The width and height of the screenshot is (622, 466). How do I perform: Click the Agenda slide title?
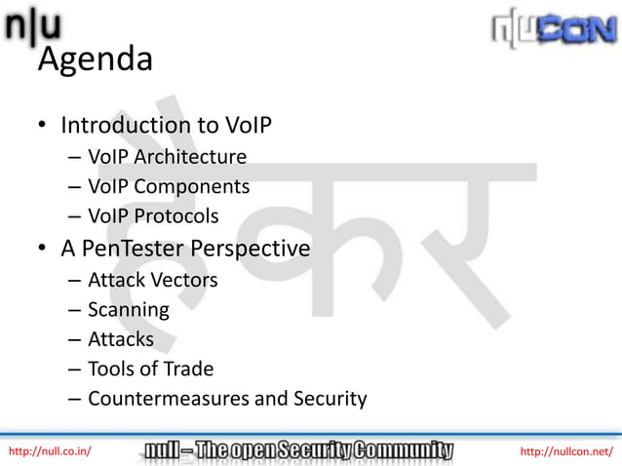tap(95, 60)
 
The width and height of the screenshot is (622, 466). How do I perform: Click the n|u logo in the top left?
tap(34, 26)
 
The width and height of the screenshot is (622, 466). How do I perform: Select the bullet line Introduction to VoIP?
tap(165, 126)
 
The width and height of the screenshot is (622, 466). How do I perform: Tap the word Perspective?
tap(254, 249)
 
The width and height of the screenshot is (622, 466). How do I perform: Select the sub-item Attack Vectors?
tap(152, 281)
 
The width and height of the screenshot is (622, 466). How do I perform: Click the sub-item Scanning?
tap(128, 310)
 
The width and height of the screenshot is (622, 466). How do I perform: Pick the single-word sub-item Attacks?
tap(120, 339)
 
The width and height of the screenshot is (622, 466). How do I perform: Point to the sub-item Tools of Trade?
tap(150, 369)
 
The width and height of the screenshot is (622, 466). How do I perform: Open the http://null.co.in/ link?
tap(50, 450)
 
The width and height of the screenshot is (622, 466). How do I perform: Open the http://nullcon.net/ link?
tap(566, 450)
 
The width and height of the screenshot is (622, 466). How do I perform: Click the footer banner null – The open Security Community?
tap(299, 449)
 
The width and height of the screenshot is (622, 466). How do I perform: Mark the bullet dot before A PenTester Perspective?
tap(43, 250)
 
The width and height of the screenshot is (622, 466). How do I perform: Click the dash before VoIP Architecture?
tap(75, 157)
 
